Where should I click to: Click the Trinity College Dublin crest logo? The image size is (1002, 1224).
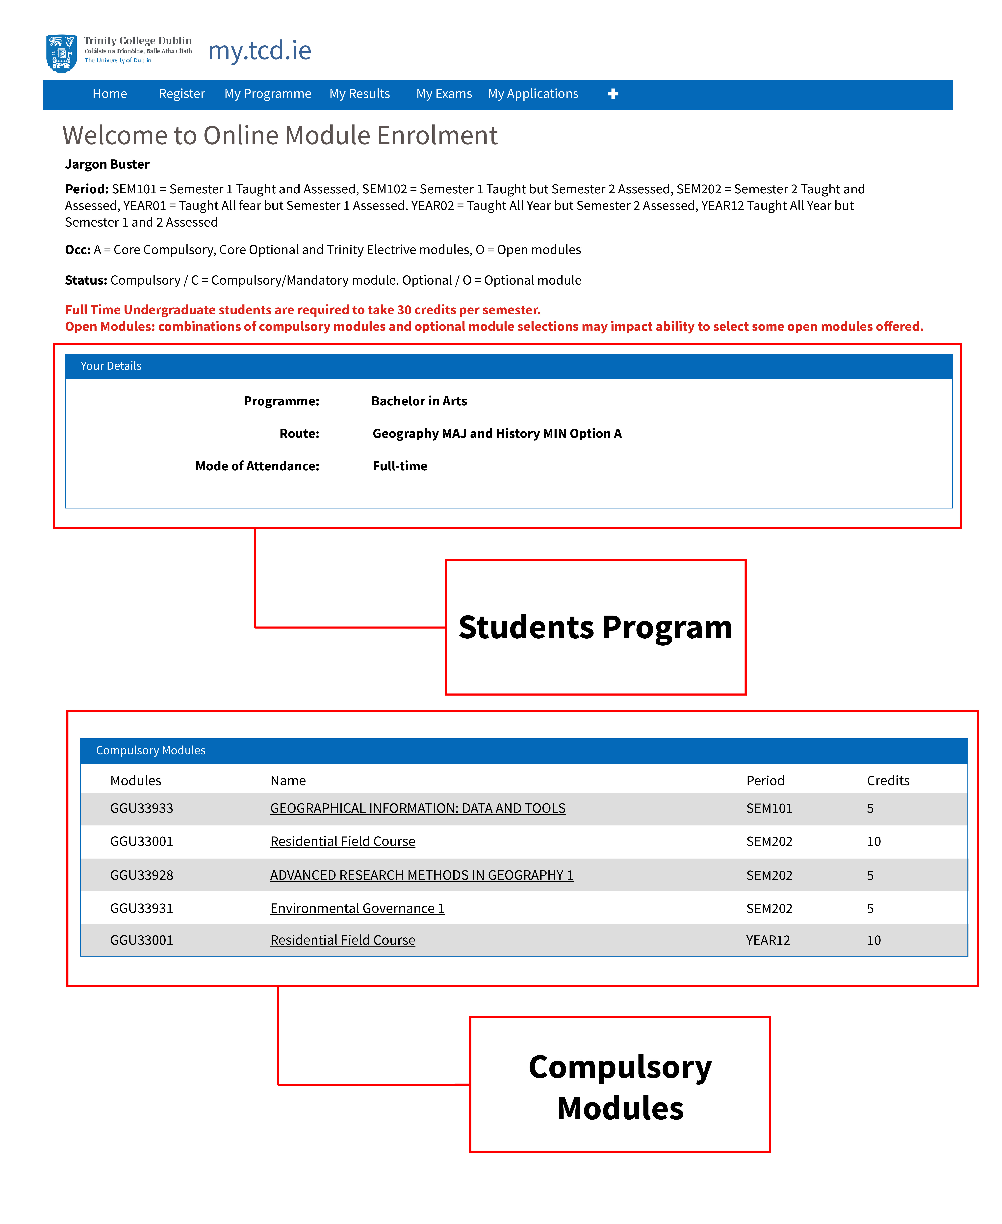(61, 53)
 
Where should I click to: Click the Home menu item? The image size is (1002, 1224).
(110, 94)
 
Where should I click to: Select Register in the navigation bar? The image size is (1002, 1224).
(182, 94)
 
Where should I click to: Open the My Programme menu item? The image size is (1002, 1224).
(268, 94)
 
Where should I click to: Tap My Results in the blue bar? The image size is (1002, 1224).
(360, 94)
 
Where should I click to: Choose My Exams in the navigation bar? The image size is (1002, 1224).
(444, 94)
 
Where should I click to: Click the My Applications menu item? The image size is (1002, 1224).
(533, 94)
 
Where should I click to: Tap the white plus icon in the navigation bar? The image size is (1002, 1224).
(613, 94)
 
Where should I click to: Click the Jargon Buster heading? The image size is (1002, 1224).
(107, 164)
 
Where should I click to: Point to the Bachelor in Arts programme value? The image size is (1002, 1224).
(419, 401)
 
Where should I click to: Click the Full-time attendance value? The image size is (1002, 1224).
(400, 466)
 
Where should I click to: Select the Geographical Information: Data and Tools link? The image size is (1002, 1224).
(417, 808)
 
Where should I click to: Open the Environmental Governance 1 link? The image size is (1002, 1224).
(357, 908)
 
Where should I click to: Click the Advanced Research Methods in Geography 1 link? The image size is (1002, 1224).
(421, 875)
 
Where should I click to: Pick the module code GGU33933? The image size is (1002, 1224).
(141, 808)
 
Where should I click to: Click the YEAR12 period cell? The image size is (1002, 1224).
(768, 940)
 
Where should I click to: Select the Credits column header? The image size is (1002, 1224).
(888, 780)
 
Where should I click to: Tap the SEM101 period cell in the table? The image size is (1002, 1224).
(769, 808)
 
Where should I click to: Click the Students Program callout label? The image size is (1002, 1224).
(595, 627)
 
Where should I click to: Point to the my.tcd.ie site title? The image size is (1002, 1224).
(260, 51)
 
